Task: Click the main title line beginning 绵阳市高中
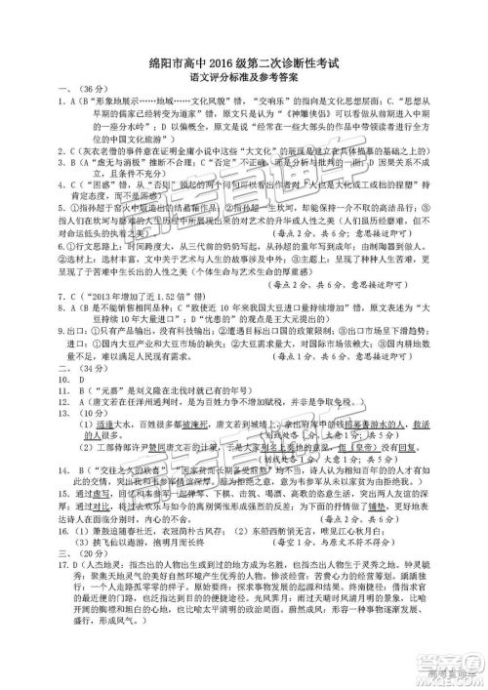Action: (245, 64)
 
